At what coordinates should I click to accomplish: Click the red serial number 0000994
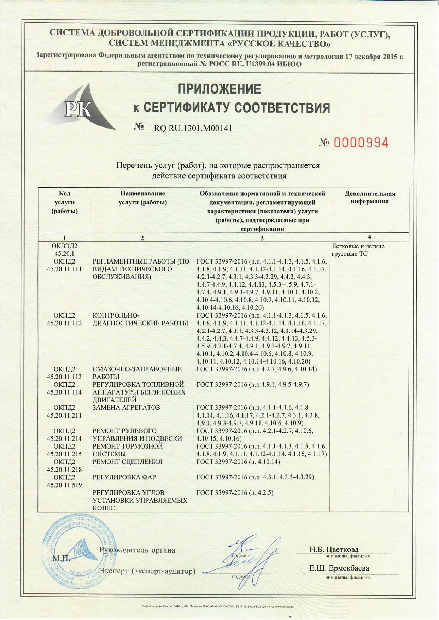tap(361, 143)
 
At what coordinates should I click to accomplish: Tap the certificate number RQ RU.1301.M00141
tap(193, 128)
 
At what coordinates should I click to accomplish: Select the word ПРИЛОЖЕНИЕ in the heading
tap(219, 89)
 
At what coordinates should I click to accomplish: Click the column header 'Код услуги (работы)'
tap(64, 202)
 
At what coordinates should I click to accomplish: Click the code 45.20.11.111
tap(64, 269)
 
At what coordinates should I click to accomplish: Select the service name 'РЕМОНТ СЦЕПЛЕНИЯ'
tap(127, 462)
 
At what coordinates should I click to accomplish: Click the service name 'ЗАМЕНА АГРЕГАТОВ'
tap(126, 407)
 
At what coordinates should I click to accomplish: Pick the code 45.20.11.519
tap(64, 485)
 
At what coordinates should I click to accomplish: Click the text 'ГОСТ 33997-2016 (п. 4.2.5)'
tap(235, 493)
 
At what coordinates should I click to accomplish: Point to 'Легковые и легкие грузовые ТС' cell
tap(358, 250)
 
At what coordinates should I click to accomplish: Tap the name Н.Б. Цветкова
tap(334, 549)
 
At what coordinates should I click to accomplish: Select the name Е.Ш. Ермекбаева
tap(339, 568)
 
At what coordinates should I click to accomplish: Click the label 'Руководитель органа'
tap(137, 550)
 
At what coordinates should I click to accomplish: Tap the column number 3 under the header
tap(262, 238)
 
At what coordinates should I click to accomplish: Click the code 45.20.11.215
tap(64, 454)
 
